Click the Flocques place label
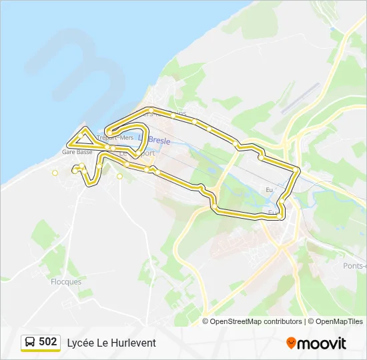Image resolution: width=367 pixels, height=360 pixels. pos(66,282)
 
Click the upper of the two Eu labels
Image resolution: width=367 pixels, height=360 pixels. pos(269,190)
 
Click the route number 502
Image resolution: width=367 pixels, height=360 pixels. pos(48,342)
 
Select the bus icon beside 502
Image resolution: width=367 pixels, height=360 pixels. pos(30,343)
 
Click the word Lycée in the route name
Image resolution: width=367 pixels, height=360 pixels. pos(79,343)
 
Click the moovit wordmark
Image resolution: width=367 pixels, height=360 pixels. pos(322,343)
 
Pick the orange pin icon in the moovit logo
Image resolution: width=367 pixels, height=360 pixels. pos(291,343)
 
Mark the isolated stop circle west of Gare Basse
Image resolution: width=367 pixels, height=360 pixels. pos(55,173)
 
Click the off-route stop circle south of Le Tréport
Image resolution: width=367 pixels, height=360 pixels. pos(119,177)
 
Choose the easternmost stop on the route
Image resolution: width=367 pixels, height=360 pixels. pos(296,171)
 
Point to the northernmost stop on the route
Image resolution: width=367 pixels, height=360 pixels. pos(152,110)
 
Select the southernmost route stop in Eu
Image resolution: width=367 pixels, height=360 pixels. pos(279,215)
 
